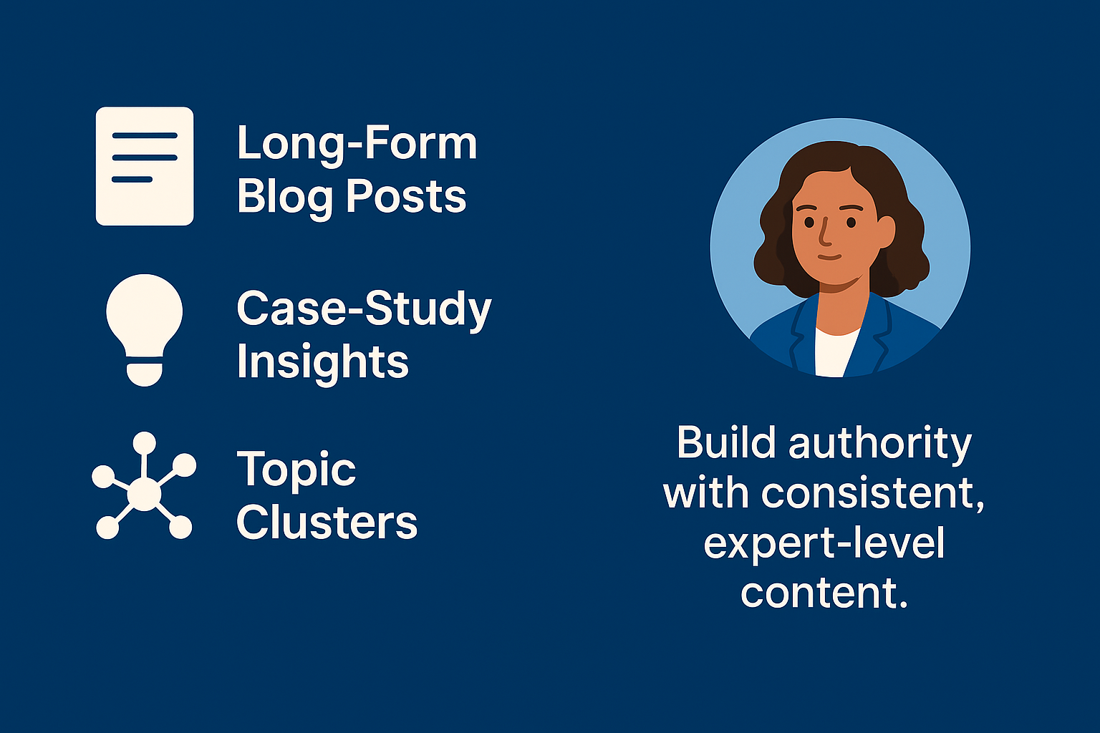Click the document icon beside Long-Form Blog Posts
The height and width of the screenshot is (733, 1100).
tap(145, 166)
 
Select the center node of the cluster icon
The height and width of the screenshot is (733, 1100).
tap(145, 494)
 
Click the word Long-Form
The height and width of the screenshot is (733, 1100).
tap(357, 143)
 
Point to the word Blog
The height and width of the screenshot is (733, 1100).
tap(284, 197)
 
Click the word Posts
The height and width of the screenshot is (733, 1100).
tap(406, 197)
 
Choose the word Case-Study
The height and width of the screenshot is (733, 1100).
tap(364, 309)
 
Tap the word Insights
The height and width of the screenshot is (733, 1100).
tap(322, 361)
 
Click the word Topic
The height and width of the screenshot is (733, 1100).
tap(296, 471)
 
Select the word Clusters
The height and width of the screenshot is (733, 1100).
tap(327, 523)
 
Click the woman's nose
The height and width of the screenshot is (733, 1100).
tap(824, 233)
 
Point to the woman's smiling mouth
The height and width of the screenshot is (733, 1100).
tap(829, 256)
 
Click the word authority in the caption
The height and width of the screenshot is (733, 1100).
tap(879, 444)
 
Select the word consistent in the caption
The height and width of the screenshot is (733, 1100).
tap(872, 494)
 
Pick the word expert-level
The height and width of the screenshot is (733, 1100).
tap(824, 544)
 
